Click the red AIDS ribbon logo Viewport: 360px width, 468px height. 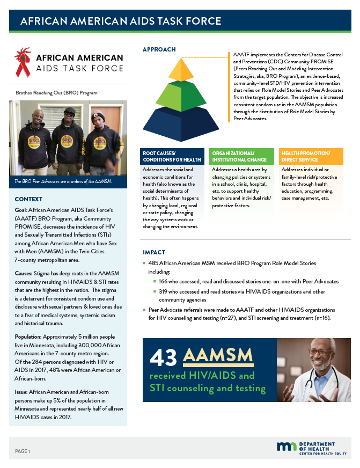pyautogui.click(x=23, y=60)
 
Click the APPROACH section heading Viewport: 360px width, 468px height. pyautogui.click(x=159, y=49)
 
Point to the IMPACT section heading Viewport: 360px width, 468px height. pyautogui.click(x=154, y=252)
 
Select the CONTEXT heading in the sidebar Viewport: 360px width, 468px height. pyautogui.click(x=29, y=199)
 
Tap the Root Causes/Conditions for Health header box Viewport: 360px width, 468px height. pyautogui.click(x=172, y=156)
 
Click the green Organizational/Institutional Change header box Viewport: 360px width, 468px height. pyautogui.click(x=241, y=156)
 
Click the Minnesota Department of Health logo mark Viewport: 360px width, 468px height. pyautogui.click(x=285, y=447)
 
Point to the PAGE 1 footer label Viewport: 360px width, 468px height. pyautogui.click(x=23, y=451)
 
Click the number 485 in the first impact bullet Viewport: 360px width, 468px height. pyautogui.click(x=153, y=264)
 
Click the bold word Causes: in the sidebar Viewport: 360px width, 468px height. pyautogui.click(x=26, y=273)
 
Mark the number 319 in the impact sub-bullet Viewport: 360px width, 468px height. pyautogui.click(x=163, y=291)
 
